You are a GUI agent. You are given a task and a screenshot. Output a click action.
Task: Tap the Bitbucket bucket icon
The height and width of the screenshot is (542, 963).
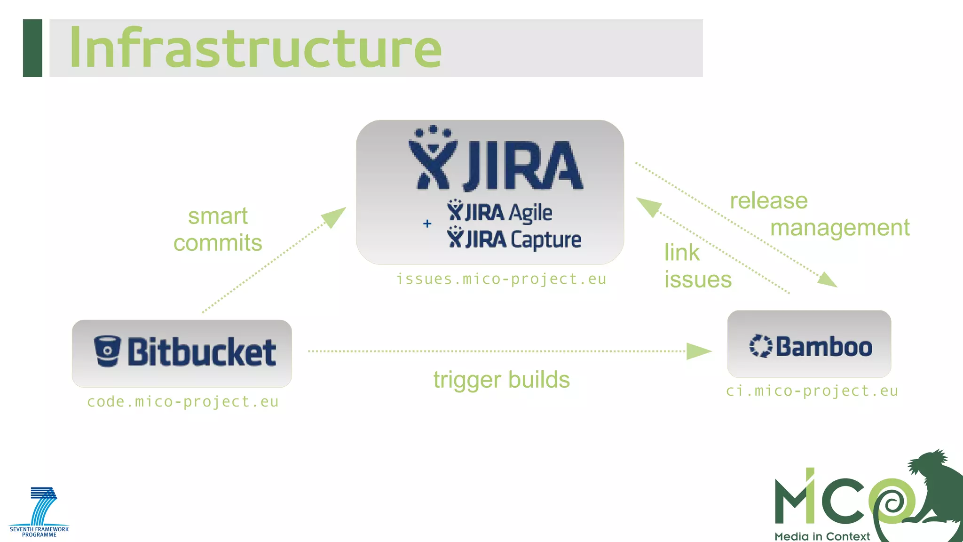107,351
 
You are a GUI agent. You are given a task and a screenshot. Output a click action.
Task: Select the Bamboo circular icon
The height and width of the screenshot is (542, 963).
760,346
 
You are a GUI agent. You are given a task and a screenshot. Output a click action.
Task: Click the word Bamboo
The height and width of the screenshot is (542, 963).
824,347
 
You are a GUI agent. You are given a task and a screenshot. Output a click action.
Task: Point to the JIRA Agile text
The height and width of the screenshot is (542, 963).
500,212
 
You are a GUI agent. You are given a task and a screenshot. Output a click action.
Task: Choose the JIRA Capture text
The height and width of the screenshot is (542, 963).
514,239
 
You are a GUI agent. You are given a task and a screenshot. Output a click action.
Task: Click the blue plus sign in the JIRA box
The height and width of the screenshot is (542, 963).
427,223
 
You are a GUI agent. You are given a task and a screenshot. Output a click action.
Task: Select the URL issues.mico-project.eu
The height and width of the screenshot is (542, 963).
501,279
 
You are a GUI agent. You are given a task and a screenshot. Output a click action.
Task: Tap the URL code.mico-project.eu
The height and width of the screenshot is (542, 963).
183,402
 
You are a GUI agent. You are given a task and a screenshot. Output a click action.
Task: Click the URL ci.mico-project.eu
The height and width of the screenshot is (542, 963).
812,391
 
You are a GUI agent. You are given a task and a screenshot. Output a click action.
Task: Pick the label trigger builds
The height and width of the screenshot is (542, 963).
501,380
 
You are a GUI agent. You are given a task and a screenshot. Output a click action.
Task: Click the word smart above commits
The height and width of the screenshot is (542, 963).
218,216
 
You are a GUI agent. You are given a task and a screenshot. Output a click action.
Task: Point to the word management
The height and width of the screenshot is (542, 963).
840,228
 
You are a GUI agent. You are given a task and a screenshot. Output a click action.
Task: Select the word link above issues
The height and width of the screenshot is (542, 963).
682,253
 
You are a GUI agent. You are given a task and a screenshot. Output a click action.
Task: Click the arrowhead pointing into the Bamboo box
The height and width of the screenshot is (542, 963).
698,351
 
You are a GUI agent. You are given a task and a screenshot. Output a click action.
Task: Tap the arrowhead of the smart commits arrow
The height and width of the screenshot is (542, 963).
335,216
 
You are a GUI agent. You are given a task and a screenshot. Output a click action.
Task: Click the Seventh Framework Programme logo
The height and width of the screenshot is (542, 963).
39,512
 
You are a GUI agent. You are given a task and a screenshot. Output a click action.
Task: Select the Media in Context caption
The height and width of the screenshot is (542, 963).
822,536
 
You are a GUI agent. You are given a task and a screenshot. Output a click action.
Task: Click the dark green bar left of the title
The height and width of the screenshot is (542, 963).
32,48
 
